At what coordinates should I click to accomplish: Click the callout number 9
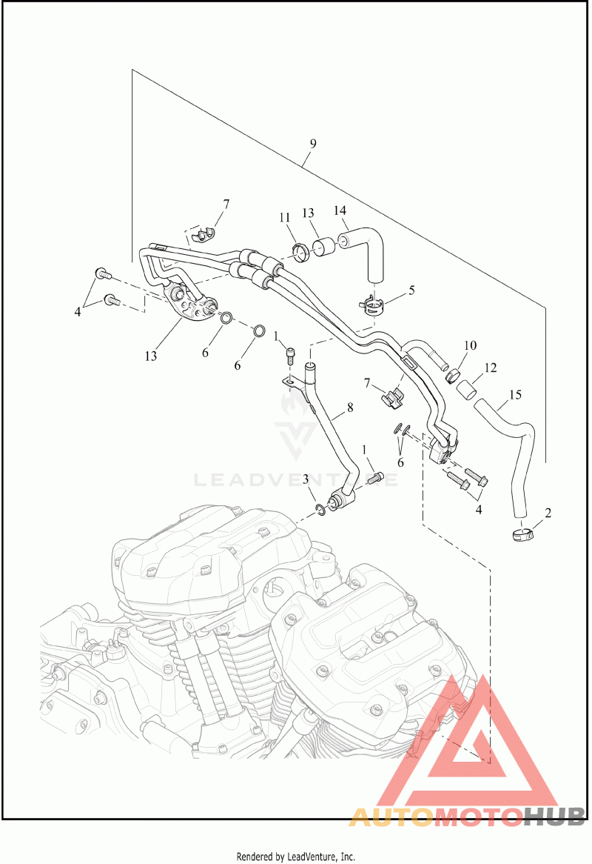[x=313, y=144]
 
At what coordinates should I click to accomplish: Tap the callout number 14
[x=340, y=211]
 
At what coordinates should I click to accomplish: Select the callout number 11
[x=285, y=218]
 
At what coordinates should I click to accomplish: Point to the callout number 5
[x=411, y=290]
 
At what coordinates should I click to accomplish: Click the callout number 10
[x=470, y=346]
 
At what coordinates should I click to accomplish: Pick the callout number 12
[x=490, y=368]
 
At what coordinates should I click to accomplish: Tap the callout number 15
[x=515, y=394]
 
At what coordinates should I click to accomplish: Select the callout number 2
[x=548, y=512]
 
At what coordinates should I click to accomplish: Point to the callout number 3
[x=306, y=480]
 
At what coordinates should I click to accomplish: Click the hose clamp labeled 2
[x=522, y=534]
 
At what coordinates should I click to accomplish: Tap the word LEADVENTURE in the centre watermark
[x=296, y=479]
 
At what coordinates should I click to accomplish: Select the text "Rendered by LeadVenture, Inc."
[x=296, y=857]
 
